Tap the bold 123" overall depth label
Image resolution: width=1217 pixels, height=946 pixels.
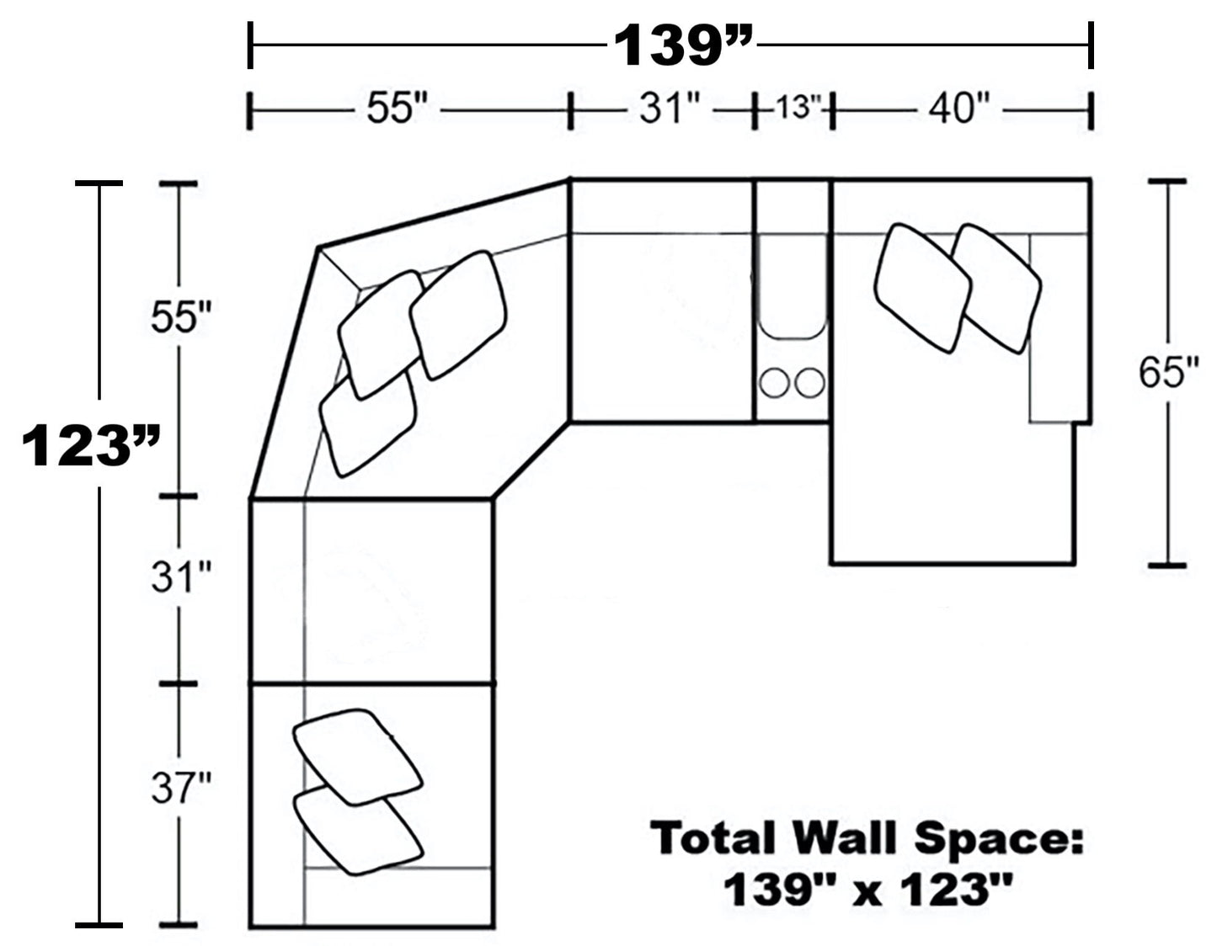click(90, 445)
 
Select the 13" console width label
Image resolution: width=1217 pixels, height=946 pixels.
click(793, 109)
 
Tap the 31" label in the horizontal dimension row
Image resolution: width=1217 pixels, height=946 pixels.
click(670, 109)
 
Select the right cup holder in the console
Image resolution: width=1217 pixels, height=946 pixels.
click(809, 383)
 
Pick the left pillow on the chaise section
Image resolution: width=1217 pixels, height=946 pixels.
click(921, 287)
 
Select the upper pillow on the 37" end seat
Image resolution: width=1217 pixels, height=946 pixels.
click(357, 756)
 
